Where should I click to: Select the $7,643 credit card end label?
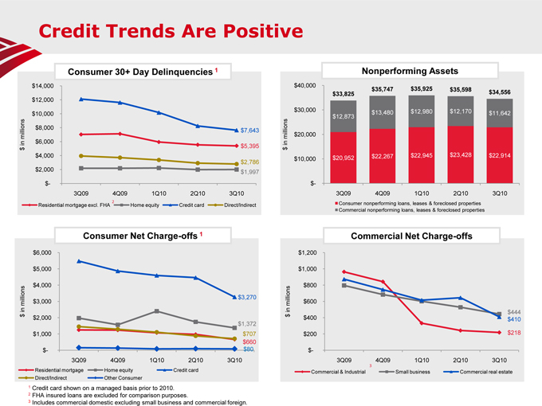[x=249, y=131]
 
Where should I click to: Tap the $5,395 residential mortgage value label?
[x=249, y=146]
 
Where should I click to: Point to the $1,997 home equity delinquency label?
[x=249, y=172]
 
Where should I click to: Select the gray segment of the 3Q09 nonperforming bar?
[x=343, y=116]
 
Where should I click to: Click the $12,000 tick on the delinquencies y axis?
[x=41, y=100]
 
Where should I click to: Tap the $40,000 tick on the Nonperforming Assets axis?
[x=304, y=85]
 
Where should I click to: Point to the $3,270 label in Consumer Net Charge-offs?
[x=247, y=297]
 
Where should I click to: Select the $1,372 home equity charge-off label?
[x=247, y=324]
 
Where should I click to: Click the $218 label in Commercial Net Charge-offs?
[x=514, y=333]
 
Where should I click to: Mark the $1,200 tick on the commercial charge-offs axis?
[x=306, y=253]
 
